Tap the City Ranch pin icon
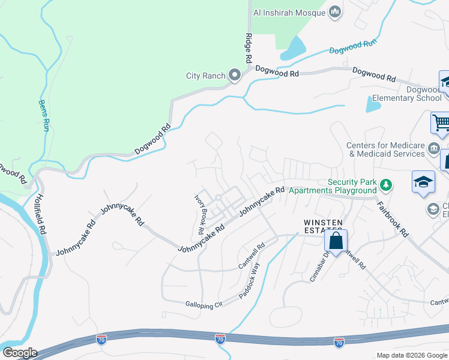[x=234, y=76]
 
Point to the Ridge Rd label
[x=248, y=49]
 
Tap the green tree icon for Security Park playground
[x=388, y=185]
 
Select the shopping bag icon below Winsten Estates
[x=336, y=242]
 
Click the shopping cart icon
[x=441, y=123]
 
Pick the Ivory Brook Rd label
[x=201, y=214]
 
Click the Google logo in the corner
[x=19, y=353]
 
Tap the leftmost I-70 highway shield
[x=102, y=340]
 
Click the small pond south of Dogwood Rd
[x=373, y=106]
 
